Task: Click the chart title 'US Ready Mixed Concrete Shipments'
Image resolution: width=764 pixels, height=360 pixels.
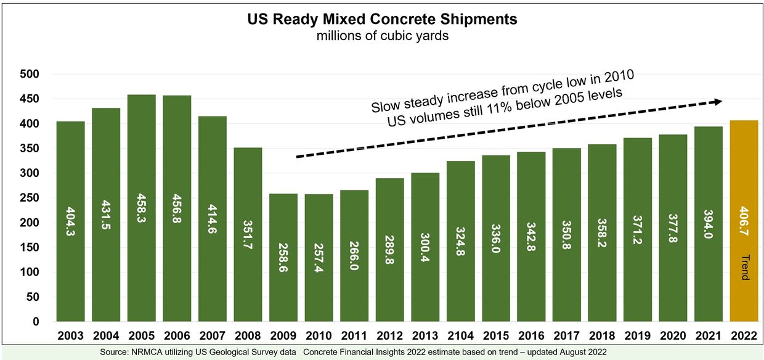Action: coord(382,19)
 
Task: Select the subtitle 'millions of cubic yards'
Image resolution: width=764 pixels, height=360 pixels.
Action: coord(382,36)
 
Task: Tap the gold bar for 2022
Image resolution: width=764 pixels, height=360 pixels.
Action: coord(744,222)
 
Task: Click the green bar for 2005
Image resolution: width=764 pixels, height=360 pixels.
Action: coord(141,210)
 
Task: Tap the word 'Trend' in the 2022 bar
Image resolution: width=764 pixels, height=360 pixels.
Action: coord(744,267)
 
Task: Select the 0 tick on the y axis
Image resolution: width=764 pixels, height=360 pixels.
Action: coord(35,322)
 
